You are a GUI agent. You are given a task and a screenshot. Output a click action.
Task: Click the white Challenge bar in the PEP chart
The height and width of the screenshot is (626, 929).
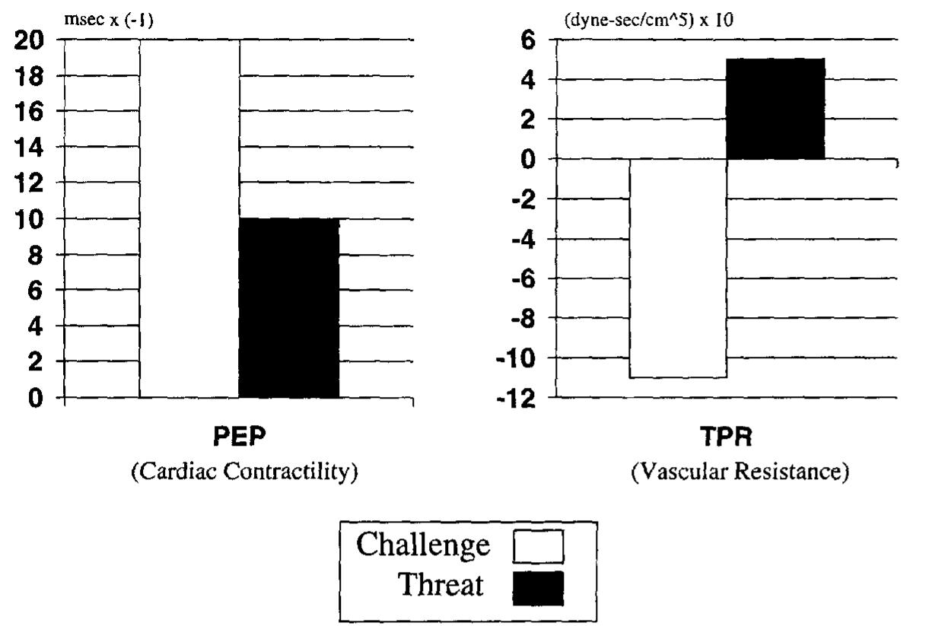[189, 218]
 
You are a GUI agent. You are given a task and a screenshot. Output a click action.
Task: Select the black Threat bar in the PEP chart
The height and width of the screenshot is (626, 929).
[289, 308]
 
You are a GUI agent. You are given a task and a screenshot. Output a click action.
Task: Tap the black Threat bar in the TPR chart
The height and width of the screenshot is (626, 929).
[776, 109]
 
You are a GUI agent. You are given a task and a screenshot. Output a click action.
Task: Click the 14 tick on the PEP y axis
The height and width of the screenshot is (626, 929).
[30, 148]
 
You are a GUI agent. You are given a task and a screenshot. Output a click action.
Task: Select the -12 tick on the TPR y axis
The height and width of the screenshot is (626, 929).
[517, 398]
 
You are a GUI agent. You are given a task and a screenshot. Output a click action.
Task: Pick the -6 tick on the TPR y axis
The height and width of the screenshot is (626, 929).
[522, 278]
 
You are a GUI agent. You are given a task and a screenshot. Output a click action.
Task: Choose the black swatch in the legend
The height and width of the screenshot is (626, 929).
[538, 588]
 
